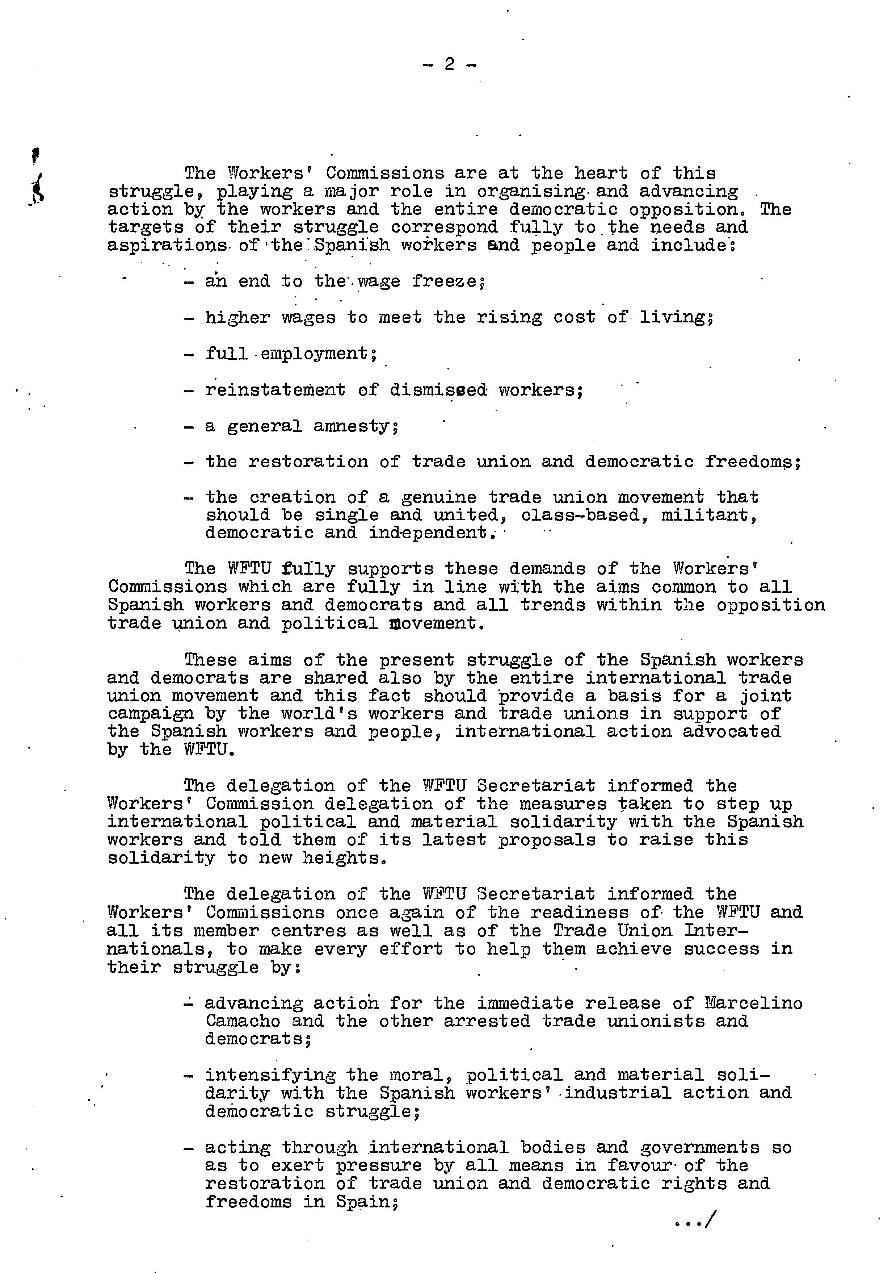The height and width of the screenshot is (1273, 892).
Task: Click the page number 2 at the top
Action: (x=449, y=65)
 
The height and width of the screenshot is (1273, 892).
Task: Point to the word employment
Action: (x=314, y=353)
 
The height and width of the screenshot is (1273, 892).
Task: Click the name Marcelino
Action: (x=753, y=1003)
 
